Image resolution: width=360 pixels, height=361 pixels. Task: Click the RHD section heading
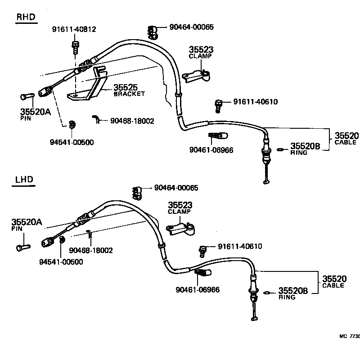[26, 18]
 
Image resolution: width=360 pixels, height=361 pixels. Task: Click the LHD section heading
[24, 180]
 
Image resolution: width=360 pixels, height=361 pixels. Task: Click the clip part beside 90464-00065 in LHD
[137, 192]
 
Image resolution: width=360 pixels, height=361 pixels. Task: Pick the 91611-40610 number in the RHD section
[255, 102]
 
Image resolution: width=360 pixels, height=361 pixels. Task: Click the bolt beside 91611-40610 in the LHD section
[203, 249]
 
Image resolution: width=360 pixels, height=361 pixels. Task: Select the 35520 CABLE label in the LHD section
[333, 281]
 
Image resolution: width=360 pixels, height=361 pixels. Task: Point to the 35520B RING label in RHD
[305, 148]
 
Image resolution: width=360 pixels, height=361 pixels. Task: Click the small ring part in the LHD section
[267, 293]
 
